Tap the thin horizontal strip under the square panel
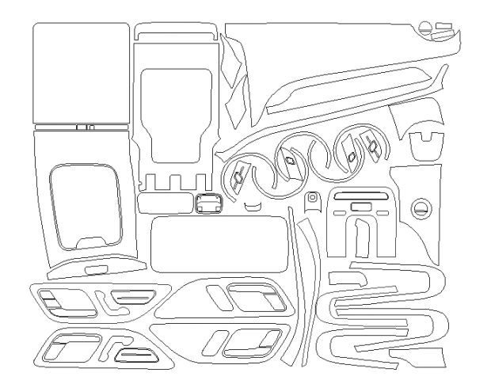81,126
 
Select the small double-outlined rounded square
209,204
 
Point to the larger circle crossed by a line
421,208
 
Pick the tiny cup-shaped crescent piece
253,207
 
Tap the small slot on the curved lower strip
95,270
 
